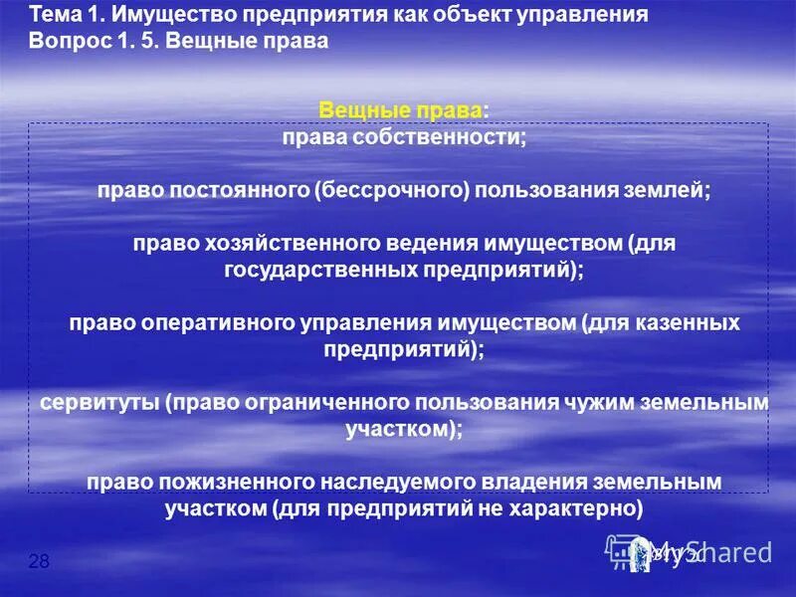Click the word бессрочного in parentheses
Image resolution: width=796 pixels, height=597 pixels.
(392, 190)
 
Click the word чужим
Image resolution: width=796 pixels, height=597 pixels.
(578, 402)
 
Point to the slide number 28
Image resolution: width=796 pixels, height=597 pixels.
(39, 562)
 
